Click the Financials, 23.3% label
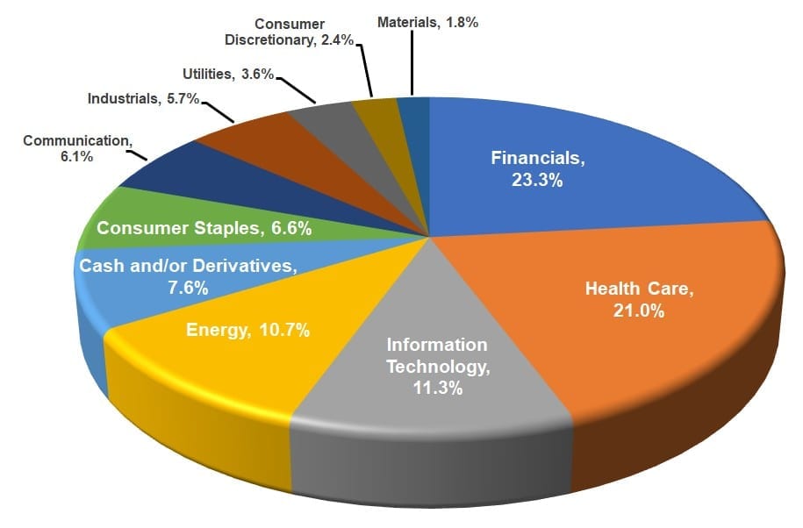click(x=537, y=169)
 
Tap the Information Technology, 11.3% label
click(x=438, y=366)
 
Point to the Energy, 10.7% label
click(x=248, y=331)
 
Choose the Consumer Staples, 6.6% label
click(x=204, y=229)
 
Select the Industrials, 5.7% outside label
click(x=144, y=99)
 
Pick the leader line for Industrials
click(x=219, y=111)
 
